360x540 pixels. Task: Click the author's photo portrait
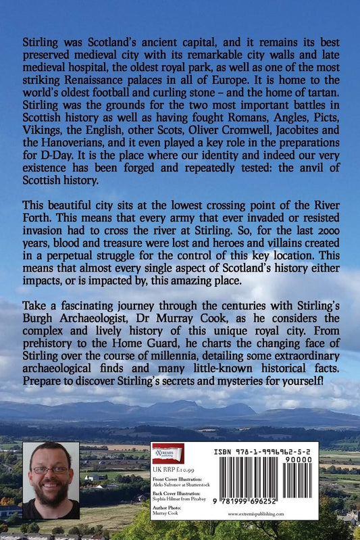coord(51,480)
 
